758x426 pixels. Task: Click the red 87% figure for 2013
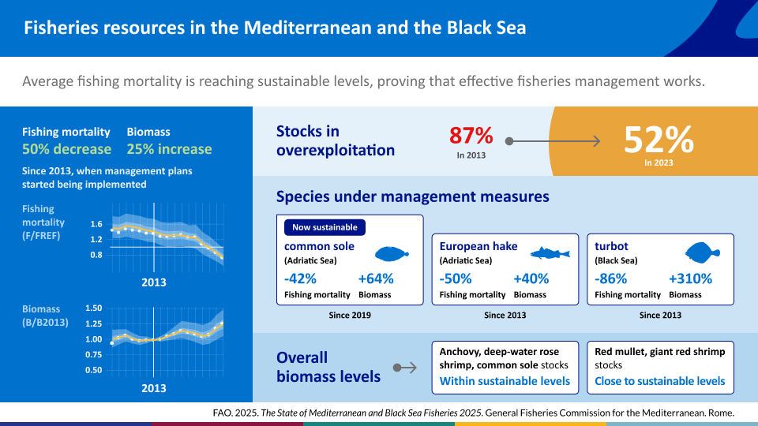tap(471, 135)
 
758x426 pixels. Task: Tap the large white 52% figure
tap(659, 140)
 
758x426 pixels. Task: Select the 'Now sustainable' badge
tap(325, 227)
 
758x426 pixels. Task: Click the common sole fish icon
tap(392, 253)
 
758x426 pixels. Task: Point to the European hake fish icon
tap(550, 253)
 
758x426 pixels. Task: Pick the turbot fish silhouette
tap(703, 252)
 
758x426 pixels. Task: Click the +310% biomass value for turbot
tap(690, 278)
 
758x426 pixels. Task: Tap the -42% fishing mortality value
tap(300, 278)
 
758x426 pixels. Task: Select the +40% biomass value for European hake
tap(531, 278)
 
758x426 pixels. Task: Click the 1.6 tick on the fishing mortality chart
tap(96, 224)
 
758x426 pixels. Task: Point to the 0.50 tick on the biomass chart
tap(94, 370)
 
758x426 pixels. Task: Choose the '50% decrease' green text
tap(66, 149)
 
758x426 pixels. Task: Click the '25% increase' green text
tap(169, 149)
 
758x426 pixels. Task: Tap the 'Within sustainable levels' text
tap(505, 381)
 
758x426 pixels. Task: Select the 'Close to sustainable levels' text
tap(660, 381)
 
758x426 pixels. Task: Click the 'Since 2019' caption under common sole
tap(350, 315)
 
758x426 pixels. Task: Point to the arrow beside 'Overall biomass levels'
tap(404, 368)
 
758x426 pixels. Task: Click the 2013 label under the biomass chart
tap(154, 388)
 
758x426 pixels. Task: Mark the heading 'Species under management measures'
tap(412, 196)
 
